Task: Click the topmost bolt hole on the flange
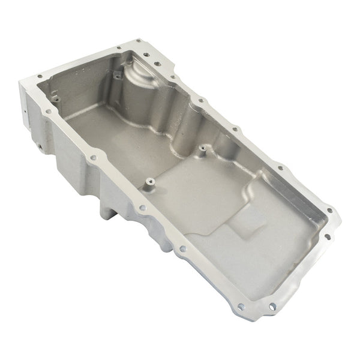139,41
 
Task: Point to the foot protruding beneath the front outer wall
107,211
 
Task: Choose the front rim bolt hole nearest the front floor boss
142,209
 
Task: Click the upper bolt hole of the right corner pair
329,211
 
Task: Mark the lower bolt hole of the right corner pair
327,236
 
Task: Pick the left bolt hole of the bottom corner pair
241,306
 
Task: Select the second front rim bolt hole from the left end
93,158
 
